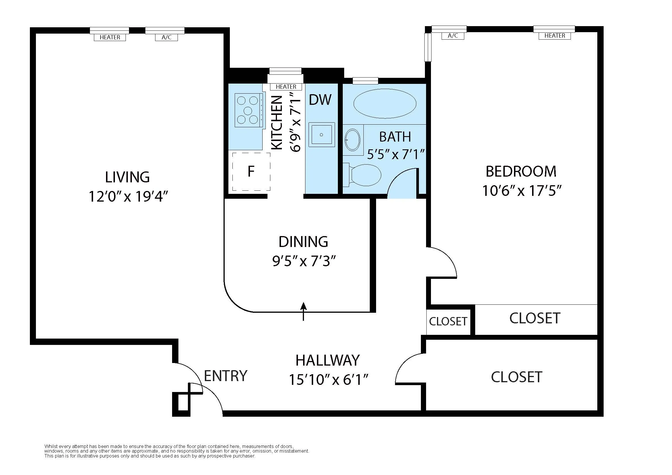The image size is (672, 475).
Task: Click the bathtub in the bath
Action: tap(385, 104)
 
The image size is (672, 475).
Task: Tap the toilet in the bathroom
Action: tap(364, 175)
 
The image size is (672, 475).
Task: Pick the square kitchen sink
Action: tap(321, 134)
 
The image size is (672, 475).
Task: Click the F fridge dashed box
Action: tap(251, 172)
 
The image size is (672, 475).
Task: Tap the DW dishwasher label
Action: tap(320, 100)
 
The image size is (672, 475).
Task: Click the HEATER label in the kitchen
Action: tap(286, 87)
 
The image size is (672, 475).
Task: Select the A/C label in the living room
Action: tap(166, 37)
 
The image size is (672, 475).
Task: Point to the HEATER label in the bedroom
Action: tap(554, 36)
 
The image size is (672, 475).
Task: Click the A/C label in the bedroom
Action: tap(453, 36)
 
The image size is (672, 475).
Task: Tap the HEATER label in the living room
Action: tap(110, 37)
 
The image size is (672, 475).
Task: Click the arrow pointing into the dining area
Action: tap(303, 311)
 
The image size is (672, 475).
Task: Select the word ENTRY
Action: tap(225, 376)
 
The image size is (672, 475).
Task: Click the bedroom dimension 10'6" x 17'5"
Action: tap(521, 191)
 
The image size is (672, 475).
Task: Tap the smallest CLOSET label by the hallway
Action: tap(448, 321)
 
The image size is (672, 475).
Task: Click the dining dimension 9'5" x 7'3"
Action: tap(303, 261)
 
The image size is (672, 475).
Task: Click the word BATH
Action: tap(395, 137)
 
